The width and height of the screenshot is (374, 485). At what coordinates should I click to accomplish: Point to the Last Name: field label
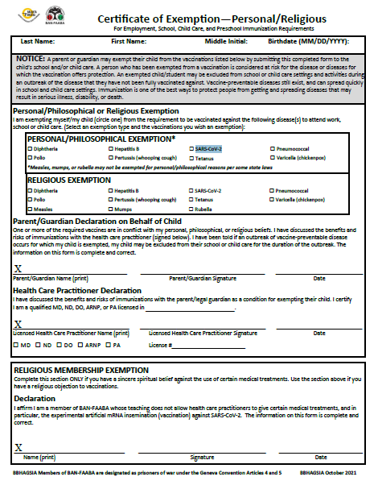click(x=38, y=40)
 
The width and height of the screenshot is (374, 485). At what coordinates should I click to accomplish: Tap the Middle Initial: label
click(x=227, y=40)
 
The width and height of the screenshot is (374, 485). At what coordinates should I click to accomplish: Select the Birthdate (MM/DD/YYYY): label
click(x=310, y=40)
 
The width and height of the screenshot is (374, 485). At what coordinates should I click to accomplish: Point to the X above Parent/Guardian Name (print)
click(x=18, y=268)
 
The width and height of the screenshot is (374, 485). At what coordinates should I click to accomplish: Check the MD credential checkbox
click(x=17, y=345)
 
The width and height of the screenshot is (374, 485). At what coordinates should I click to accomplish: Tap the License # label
click(x=160, y=345)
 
